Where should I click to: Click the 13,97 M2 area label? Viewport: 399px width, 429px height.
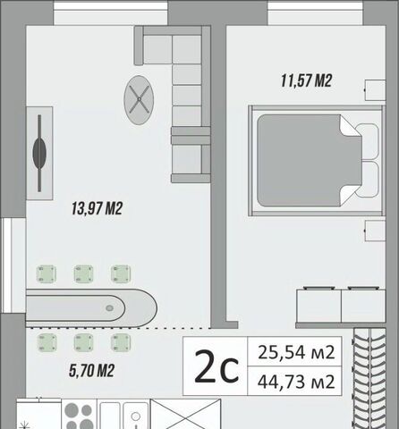pyautogui.click(x=97, y=208)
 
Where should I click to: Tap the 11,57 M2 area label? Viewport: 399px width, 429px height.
pyautogui.click(x=307, y=80)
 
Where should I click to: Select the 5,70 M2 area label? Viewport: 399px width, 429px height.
pyautogui.click(x=91, y=371)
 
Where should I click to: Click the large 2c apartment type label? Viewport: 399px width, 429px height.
pyautogui.click(x=216, y=366)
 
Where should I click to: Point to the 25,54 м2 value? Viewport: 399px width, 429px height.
pyautogui.click(x=296, y=352)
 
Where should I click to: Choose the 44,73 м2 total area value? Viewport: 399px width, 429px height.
pyautogui.click(x=296, y=382)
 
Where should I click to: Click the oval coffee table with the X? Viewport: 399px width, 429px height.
pyautogui.click(x=139, y=100)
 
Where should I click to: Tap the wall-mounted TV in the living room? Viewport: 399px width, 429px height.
pyautogui.click(x=39, y=153)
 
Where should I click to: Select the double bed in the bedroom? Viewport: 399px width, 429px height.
pyautogui.click(x=316, y=161)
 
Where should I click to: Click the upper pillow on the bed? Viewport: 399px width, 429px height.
pyautogui.click(x=368, y=142)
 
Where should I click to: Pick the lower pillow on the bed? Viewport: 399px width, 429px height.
pyautogui.click(x=368, y=180)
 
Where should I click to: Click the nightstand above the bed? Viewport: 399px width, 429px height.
pyautogui.click(x=375, y=90)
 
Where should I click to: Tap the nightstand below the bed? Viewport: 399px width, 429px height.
pyautogui.click(x=375, y=231)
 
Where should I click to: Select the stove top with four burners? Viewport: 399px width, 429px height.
pyautogui.click(x=79, y=414)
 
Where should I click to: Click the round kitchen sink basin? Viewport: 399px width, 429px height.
pyautogui.click(x=136, y=416)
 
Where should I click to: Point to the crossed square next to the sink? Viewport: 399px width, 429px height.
pyautogui.click(x=185, y=414)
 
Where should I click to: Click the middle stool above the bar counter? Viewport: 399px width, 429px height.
pyautogui.click(x=83, y=273)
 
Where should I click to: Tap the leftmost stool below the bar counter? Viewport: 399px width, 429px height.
pyautogui.click(x=47, y=342)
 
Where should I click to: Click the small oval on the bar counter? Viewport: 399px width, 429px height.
pyautogui.click(x=109, y=308)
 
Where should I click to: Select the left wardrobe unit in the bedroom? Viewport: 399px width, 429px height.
pyautogui.click(x=318, y=306)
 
